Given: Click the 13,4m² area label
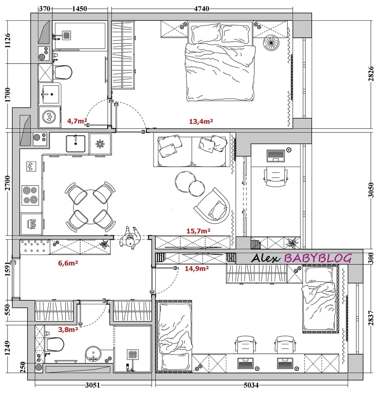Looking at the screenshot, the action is point(201,121).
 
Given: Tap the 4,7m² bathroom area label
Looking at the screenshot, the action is point(77,121).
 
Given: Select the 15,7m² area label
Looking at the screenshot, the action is point(198,231).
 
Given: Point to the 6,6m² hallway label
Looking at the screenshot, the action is point(68,263).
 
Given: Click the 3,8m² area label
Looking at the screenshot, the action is point(68,329).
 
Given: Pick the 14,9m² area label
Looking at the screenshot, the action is point(197,269).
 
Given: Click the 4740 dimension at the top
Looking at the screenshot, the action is point(202,9).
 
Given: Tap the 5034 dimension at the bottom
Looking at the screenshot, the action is point(251,385).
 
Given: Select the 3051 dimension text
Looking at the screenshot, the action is point(92,385).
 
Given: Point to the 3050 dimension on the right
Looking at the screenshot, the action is point(371,190).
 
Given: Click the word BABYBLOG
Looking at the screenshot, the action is point(318,258).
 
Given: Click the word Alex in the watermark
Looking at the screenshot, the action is point(265,258).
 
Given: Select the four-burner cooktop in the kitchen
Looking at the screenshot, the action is point(30,195).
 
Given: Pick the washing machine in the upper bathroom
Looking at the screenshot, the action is point(50,117).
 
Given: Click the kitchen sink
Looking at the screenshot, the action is point(75,143).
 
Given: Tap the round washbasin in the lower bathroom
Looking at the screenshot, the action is point(93,354).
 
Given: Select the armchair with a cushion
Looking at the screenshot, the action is point(213,206).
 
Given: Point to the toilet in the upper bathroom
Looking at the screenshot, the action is point(62,72).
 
